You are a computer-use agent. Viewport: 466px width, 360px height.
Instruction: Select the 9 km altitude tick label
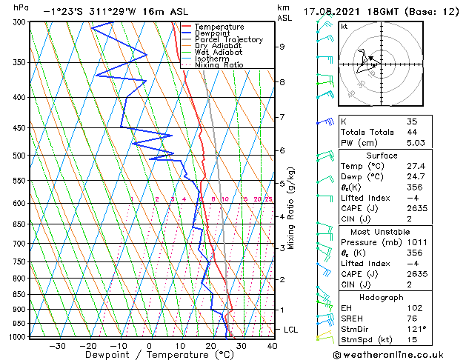coord(282,47)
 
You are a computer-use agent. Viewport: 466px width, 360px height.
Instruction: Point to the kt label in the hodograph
coord(344,26)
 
